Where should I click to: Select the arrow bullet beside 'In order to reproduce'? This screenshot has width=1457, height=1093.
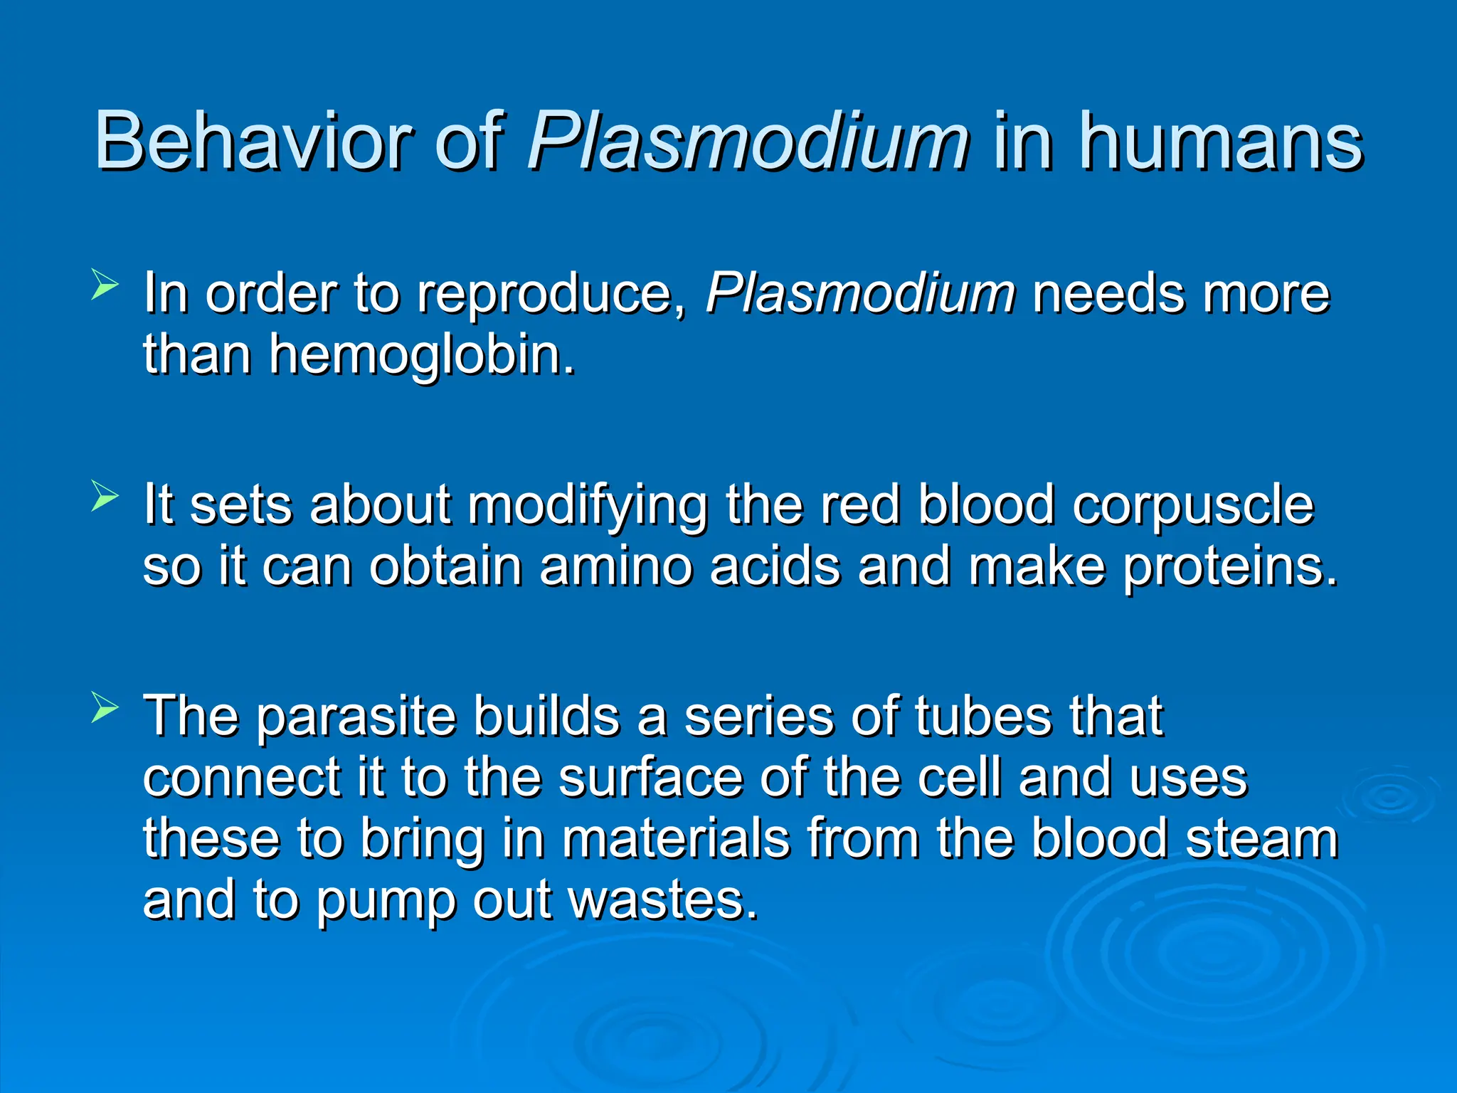pos(105,285)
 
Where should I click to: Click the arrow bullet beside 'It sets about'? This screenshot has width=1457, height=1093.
pos(105,496)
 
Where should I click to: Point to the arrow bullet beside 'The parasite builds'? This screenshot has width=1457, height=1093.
pos(105,707)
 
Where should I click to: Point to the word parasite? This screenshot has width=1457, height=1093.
pos(356,717)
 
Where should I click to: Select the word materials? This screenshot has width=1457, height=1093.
pos(676,838)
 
